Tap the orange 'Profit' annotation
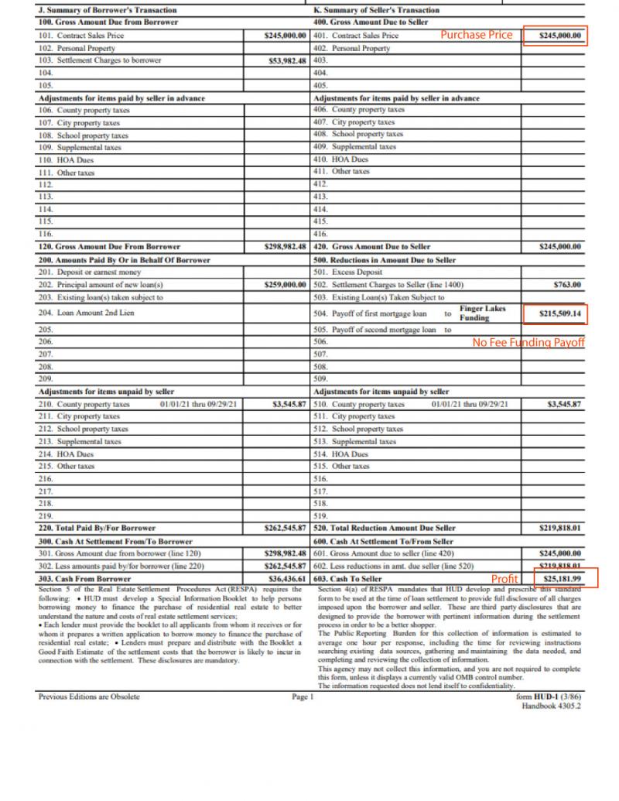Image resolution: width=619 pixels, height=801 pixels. coord(504,579)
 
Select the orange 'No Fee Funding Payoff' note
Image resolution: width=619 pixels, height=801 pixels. coord(528,342)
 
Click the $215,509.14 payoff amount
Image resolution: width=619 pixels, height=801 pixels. coord(561,313)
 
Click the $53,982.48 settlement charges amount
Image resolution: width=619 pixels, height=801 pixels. coord(286,60)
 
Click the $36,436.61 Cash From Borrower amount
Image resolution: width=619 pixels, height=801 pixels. coord(286,578)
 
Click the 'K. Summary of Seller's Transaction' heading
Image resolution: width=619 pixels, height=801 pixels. coord(377,10)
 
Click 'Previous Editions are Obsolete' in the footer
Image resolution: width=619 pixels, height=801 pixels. coord(89,697)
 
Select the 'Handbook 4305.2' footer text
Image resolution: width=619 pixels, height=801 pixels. coord(552,706)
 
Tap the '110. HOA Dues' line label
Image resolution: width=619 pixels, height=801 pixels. coord(66,159)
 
